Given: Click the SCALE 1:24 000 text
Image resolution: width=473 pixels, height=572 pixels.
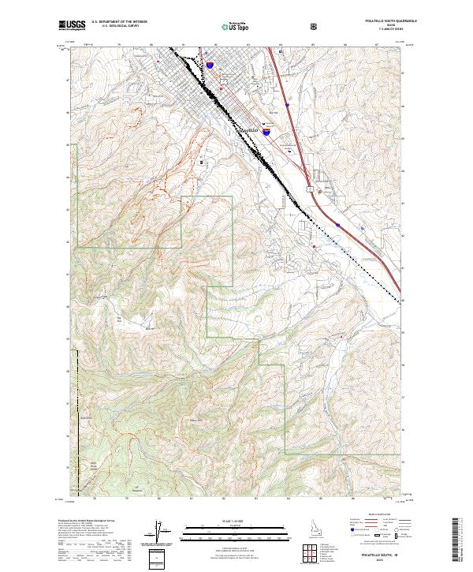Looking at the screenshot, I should pyautogui.click(x=228, y=518).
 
